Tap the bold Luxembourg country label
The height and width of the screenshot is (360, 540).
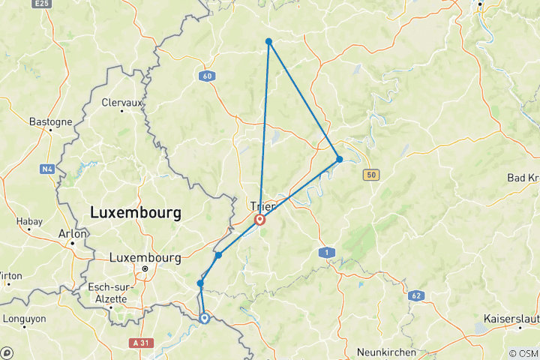pos(136,213)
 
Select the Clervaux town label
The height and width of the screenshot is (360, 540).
pos(121,102)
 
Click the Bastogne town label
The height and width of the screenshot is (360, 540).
pos(50,121)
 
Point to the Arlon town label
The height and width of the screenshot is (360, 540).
pos(72,233)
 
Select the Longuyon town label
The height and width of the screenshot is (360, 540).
pos(24,318)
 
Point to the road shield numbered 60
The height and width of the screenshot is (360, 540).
pos(207,76)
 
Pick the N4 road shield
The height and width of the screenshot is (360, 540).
pos(48,169)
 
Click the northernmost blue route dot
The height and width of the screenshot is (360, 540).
pos(268,41)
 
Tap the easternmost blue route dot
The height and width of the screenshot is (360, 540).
pos(339,159)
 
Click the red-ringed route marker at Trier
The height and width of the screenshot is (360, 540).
pos(259,220)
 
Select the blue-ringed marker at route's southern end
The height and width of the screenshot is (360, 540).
pos(204,318)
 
